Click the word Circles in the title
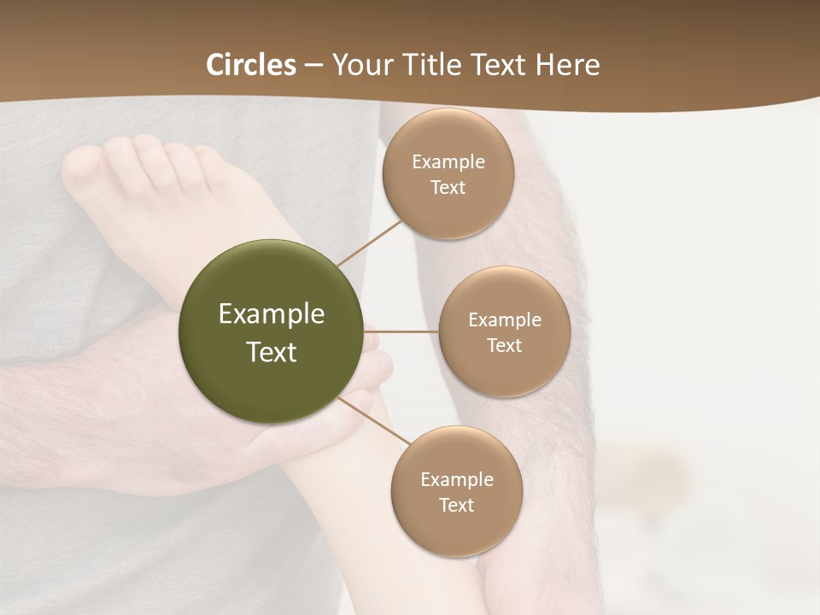pos(251,65)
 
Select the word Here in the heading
pos(568,65)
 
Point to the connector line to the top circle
pos(370,243)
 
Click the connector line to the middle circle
pos(401,331)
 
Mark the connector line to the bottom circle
pos(372,421)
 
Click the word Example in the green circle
pos(272,314)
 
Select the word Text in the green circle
pos(272,352)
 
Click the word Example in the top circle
pos(448,162)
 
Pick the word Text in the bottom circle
pos(456,506)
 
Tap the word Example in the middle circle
pos(505,320)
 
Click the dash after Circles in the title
pos(313,65)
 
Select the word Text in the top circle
pos(448,188)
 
